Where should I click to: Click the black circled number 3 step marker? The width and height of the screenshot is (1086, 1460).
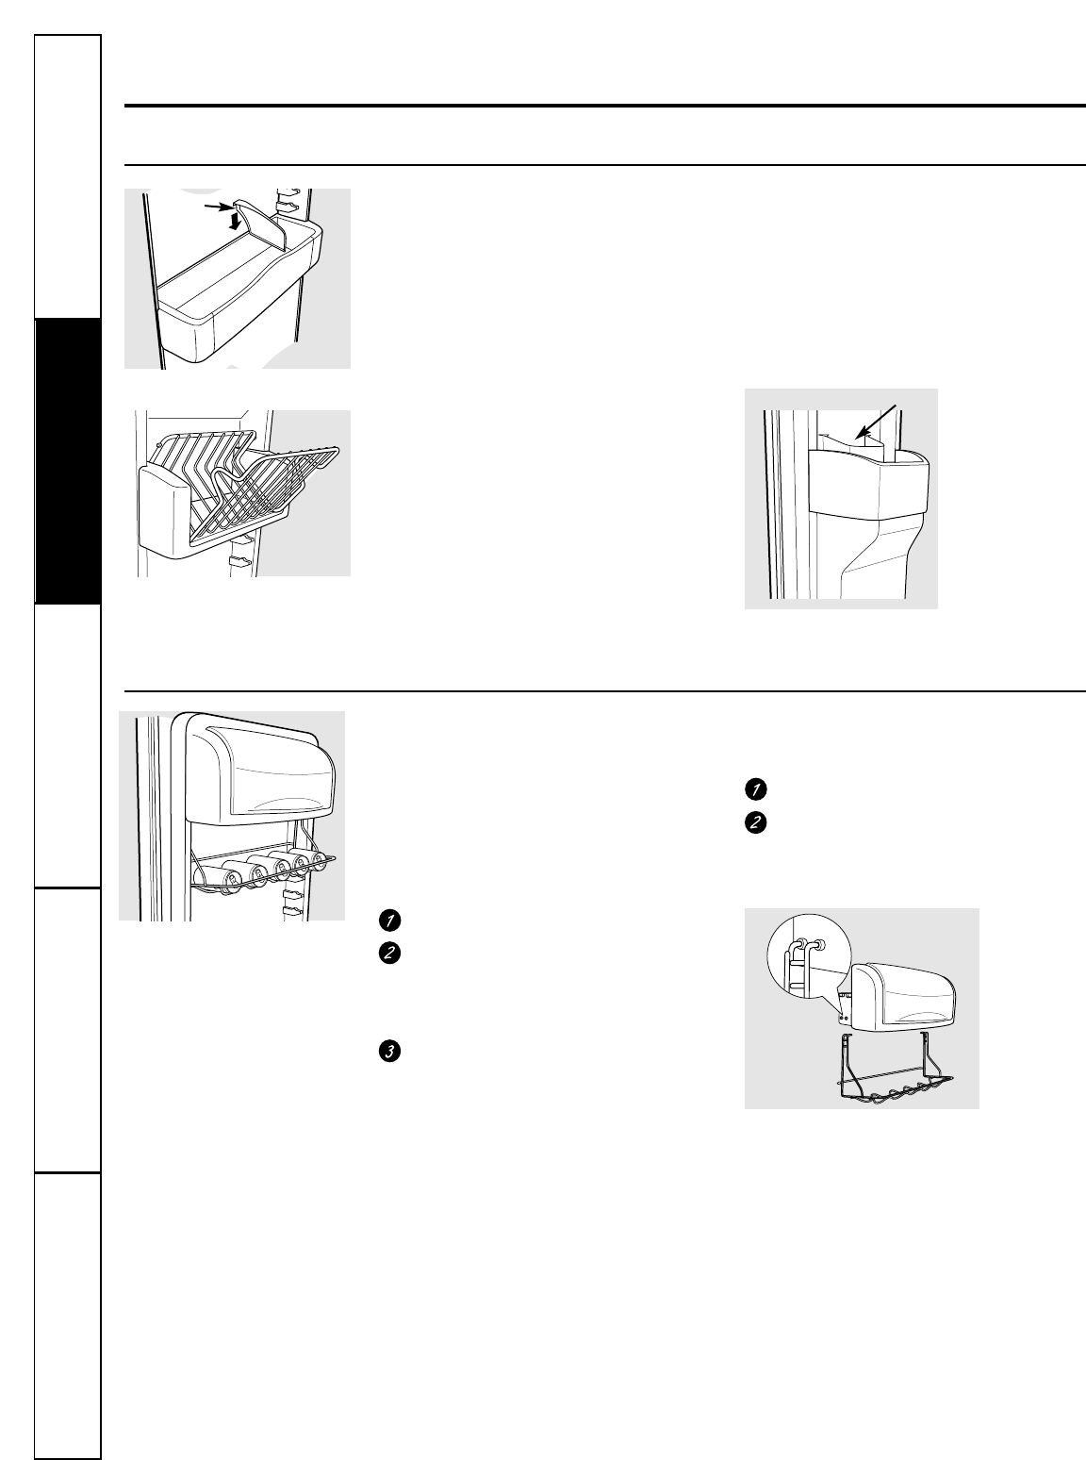[x=389, y=1051]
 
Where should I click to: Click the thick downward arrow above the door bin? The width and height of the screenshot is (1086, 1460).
[x=232, y=222]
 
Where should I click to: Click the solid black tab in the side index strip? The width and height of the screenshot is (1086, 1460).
[x=68, y=461]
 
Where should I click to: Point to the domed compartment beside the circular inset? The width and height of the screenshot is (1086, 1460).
[x=903, y=997]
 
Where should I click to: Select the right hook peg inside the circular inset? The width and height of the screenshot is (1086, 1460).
[x=820, y=945]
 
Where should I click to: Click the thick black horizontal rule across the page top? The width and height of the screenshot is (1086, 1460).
[x=605, y=106]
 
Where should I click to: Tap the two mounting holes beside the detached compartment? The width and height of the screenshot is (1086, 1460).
[x=844, y=1017]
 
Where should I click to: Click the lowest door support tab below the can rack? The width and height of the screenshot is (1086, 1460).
[x=291, y=912]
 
